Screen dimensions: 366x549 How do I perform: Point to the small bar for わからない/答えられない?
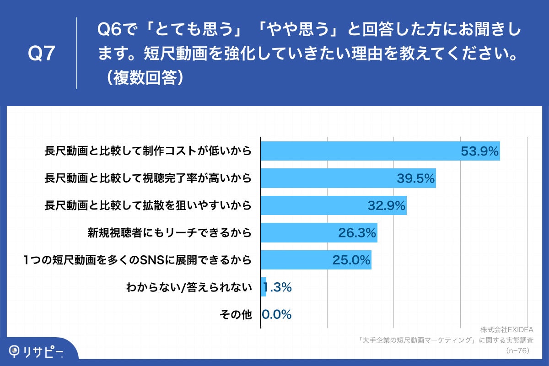point(263,287)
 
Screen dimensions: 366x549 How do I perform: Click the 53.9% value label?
point(479,151)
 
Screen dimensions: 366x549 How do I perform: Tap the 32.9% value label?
point(387,206)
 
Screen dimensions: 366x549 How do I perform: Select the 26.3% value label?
point(357,233)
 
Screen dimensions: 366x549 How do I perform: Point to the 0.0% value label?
point(277,315)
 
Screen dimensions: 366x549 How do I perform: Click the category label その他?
point(236,315)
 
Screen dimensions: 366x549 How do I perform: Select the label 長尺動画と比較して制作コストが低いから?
point(148,151)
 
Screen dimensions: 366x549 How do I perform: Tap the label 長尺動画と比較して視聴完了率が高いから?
point(148,178)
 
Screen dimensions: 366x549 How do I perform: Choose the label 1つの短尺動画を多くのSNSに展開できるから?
point(138,260)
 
